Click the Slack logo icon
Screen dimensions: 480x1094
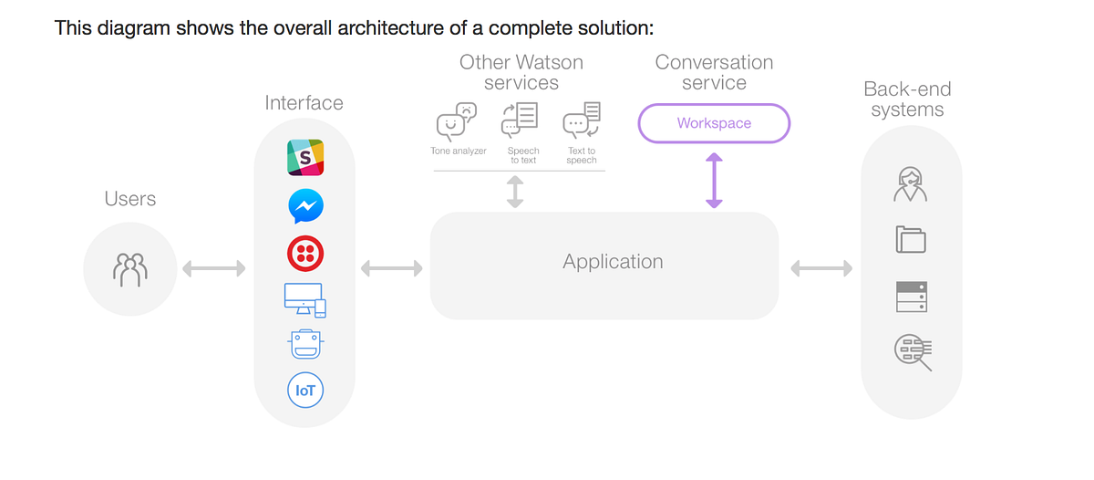point(305,157)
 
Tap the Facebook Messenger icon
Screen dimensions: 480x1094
point(305,206)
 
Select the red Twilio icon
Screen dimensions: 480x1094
point(305,254)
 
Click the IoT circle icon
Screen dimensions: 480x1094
point(305,391)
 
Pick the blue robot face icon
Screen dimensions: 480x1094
point(305,345)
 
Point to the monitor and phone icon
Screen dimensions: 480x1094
point(305,299)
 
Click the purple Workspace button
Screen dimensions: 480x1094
point(714,123)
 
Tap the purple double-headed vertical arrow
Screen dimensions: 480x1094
point(714,180)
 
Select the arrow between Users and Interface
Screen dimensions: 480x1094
point(214,268)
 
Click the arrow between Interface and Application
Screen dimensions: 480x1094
point(392,268)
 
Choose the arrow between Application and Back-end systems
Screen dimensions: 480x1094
point(821,268)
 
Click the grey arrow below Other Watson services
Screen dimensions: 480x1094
point(515,192)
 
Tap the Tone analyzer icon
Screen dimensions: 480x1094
point(457,123)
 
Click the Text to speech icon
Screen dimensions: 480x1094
point(582,120)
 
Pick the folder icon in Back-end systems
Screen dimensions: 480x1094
point(911,240)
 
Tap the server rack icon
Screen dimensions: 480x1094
point(911,297)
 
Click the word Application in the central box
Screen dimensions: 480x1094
point(613,262)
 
